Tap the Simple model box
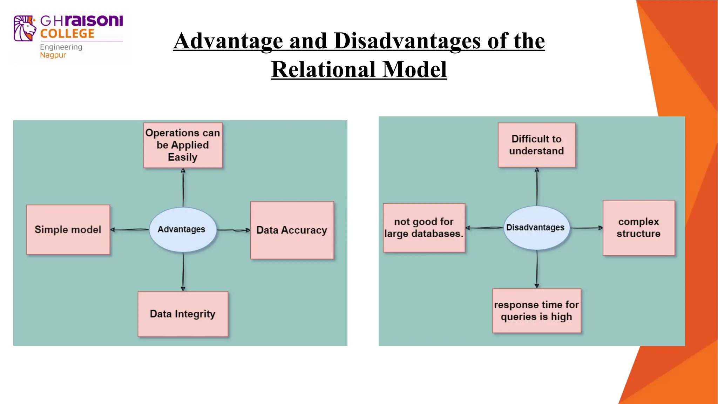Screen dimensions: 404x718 (x=68, y=230)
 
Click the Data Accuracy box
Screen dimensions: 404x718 (x=292, y=230)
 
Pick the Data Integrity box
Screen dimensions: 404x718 (x=183, y=314)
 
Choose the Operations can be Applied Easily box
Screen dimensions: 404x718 (x=183, y=145)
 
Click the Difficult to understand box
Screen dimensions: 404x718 (x=536, y=145)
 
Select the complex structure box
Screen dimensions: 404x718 (x=638, y=228)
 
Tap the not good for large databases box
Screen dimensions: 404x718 (x=424, y=228)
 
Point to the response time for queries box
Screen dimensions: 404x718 (x=536, y=311)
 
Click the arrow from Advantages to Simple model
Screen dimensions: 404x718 (x=130, y=230)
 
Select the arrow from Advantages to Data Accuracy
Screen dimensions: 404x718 (x=233, y=230)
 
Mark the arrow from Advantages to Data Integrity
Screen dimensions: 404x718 (x=183, y=272)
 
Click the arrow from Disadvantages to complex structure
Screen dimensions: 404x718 (x=586, y=228)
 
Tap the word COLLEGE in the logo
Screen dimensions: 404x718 (x=67, y=34)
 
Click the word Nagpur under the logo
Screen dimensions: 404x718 (x=53, y=55)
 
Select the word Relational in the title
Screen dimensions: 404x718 (x=324, y=69)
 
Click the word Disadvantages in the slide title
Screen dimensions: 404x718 (x=407, y=41)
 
